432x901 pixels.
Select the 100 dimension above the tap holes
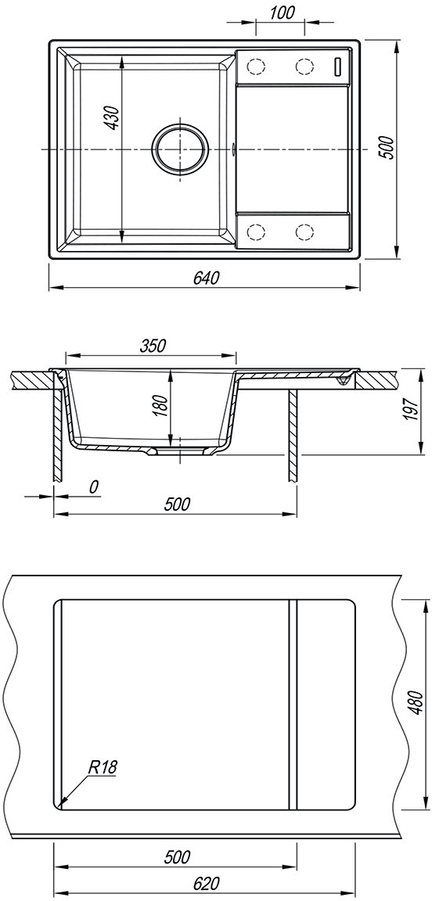281,12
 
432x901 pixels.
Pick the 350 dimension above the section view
153,346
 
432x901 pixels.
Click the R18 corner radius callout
103,766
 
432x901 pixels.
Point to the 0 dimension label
94,487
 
